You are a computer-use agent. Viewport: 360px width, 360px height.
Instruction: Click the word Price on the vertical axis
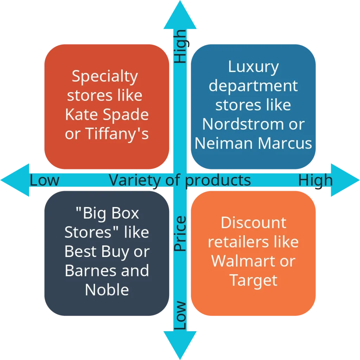click(180, 234)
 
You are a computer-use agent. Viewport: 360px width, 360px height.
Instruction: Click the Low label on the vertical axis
click(180, 315)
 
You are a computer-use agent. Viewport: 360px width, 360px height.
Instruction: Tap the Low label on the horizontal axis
click(44, 180)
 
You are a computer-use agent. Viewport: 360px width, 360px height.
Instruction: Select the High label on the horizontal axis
click(315, 180)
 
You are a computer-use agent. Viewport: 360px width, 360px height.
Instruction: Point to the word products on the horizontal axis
click(218, 180)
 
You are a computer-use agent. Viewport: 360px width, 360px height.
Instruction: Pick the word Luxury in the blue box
click(253, 67)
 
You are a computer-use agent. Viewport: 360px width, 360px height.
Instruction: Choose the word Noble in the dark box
click(107, 290)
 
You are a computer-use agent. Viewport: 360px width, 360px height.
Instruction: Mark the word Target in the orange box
click(253, 280)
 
